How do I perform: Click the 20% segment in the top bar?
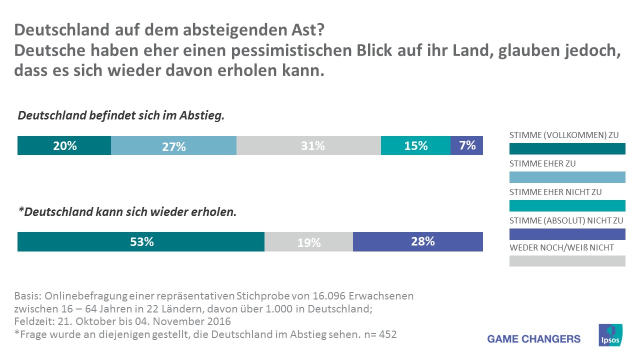[x=64, y=145]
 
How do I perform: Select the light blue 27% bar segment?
[x=173, y=145]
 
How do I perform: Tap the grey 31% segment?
[x=308, y=145]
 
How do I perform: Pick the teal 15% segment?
[x=415, y=145]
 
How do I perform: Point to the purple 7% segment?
[x=466, y=145]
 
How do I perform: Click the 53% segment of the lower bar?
[x=141, y=241]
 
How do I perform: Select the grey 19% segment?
[x=308, y=241]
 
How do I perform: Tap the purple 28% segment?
[x=418, y=241]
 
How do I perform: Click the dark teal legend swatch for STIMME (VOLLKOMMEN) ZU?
[x=567, y=148]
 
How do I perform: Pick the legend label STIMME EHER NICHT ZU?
[x=555, y=192]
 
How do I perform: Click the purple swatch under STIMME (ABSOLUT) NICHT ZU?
[x=567, y=234]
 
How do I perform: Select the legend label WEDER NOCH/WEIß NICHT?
[x=561, y=248]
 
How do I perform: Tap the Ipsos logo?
[x=610, y=334]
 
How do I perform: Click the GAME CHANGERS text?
[x=534, y=339]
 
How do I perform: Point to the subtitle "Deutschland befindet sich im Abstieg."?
[x=121, y=116]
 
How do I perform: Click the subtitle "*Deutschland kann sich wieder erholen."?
[x=127, y=212]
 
